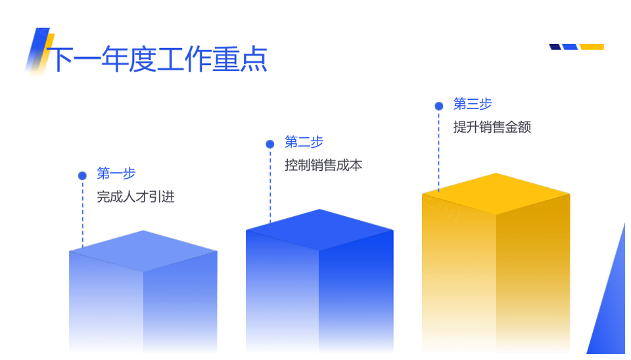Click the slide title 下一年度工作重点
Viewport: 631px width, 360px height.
[157, 59]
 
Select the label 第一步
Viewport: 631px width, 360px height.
[116, 173]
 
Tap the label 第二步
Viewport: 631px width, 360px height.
[304, 142]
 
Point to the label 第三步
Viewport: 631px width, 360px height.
[473, 104]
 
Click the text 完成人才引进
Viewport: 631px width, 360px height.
[135, 196]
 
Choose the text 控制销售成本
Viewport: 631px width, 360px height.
[323, 165]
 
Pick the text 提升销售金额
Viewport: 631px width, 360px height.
[492, 127]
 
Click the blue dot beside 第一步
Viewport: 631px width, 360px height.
[83, 176]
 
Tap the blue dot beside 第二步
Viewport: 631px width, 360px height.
[270, 144]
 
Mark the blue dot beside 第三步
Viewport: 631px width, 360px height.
[439, 106]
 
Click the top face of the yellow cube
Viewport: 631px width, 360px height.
[496, 194]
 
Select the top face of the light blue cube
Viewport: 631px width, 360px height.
[143, 251]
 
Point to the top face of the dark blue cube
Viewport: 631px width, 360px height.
[319, 230]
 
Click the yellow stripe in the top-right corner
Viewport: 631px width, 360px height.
[592, 47]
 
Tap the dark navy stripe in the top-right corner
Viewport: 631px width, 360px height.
[555, 47]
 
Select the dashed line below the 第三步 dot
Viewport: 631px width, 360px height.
[438, 151]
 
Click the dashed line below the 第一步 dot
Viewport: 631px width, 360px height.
[83, 214]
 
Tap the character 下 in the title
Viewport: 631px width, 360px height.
[60, 59]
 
